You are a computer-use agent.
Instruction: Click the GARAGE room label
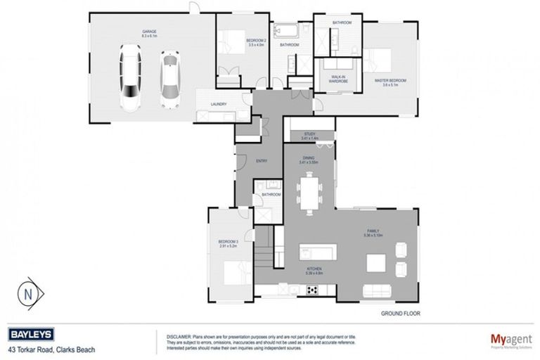[x=148, y=33]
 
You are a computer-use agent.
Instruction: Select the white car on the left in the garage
[x=131, y=78]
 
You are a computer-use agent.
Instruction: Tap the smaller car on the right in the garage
[x=169, y=75]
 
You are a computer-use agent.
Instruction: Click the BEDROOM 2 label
[x=255, y=43]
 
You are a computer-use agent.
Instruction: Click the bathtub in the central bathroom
[x=288, y=32]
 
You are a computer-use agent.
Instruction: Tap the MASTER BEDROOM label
[x=391, y=82]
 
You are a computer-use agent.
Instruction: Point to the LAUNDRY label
[x=218, y=105]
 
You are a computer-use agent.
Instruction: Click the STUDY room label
[x=309, y=134]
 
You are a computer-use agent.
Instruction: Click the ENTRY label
[x=262, y=161]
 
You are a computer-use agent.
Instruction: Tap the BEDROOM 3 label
[x=229, y=244]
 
